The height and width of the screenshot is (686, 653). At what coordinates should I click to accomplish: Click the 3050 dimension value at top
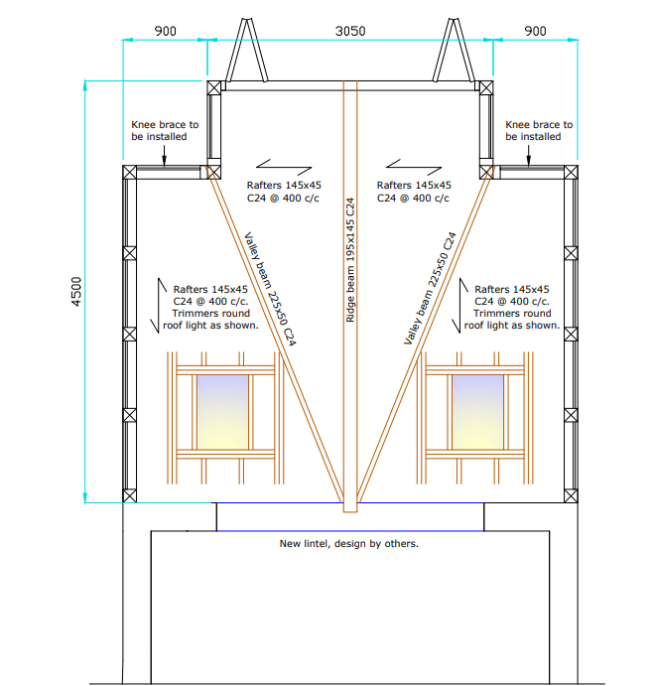click(x=350, y=31)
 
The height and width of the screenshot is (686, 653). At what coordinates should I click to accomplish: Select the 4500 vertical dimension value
click(x=76, y=291)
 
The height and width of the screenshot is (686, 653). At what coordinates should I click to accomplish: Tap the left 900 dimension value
click(x=166, y=31)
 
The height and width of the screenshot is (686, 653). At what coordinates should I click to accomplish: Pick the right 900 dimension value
click(x=535, y=31)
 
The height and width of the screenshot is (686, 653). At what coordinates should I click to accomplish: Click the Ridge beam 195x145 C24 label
click(x=350, y=260)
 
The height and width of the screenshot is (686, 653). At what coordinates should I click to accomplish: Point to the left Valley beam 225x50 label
click(x=270, y=289)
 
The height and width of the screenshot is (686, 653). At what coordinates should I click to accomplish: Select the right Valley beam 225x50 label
click(x=430, y=288)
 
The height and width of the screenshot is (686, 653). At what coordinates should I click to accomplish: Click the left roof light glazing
click(x=222, y=412)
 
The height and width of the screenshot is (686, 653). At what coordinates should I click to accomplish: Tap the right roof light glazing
click(x=477, y=412)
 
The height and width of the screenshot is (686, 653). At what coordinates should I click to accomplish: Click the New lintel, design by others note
click(x=348, y=543)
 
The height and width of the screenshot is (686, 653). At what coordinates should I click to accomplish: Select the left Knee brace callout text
click(x=165, y=130)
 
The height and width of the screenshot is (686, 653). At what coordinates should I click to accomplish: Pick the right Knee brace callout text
click(x=539, y=130)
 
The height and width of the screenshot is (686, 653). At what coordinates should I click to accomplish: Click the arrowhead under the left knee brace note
click(x=164, y=162)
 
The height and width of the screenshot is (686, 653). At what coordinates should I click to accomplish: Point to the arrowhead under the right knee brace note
click(x=528, y=162)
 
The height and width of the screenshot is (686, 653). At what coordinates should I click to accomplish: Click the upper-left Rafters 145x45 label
click(x=284, y=192)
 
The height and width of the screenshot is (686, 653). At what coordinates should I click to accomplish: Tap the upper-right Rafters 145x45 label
click(x=413, y=192)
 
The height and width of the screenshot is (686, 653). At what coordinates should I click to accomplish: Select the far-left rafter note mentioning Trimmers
click(x=210, y=307)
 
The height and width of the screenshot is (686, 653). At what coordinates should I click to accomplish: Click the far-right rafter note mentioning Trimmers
click(x=512, y=307)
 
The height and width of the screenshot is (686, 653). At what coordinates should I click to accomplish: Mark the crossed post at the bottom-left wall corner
click(x=129, y=495)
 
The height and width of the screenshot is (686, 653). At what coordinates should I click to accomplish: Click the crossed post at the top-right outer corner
click(x=571, y=172)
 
